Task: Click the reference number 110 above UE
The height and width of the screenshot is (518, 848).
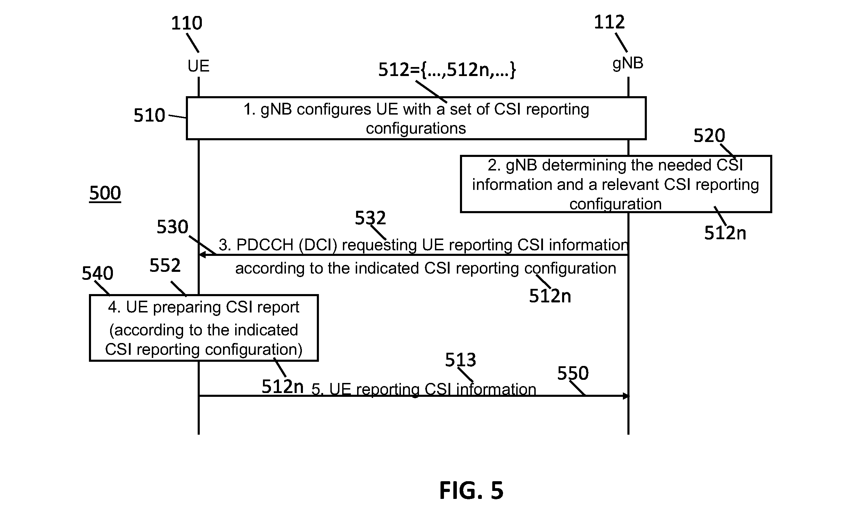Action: (x=187, y=23)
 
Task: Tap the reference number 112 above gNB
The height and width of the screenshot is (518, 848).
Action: (x=609, y=22)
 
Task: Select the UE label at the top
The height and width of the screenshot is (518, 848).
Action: (x=199, y=66)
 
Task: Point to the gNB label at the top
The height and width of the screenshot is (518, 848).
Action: (x=628, y=64)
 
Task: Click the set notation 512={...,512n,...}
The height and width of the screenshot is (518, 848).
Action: (x=447, y=70)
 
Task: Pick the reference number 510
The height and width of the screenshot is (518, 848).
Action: (x=149, y=115)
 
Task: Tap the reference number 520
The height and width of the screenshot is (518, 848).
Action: (x=709, y=135)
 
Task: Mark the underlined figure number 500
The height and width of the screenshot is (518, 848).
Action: (x=105, y=193)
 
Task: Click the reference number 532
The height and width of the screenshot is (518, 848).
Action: (x=370, y=218)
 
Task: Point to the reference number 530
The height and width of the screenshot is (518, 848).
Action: (x=172, y=227)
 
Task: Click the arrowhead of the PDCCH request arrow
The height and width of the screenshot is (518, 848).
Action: (x=202, y=255)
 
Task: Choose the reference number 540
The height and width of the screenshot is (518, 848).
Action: (x=98, y=273)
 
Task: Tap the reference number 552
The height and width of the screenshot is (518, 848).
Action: (x=165, y=266)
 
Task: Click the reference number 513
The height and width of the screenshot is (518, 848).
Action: (x=461, y=360)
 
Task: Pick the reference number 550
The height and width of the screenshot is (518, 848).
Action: (x=573, y=373)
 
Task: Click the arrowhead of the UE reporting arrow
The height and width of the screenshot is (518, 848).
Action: (x=626, y=396)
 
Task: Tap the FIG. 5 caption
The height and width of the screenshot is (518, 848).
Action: (x=471, y=491)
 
